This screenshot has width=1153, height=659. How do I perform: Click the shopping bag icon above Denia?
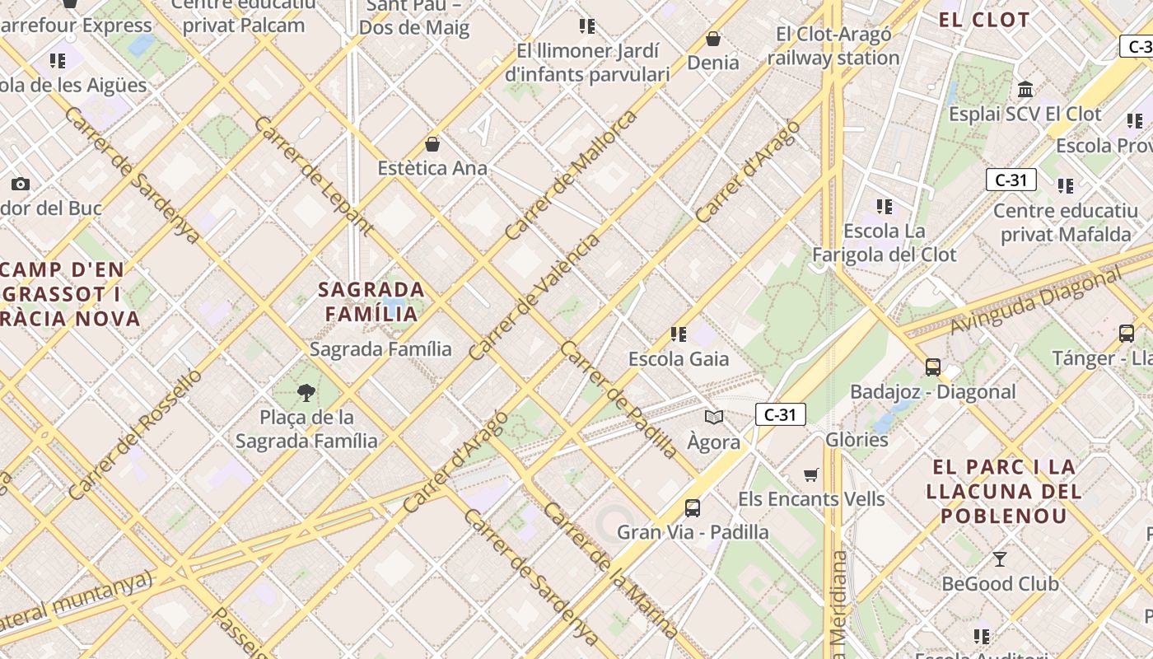(713, 39)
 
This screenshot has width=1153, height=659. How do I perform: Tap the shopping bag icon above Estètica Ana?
(432, 145)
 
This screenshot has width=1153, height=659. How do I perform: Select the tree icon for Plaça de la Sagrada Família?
(306, 392)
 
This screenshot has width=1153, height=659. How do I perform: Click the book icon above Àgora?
(714, 417)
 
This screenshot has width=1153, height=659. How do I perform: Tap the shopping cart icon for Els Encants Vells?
(811, 474)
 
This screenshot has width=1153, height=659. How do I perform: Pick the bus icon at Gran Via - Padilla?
(693, 507)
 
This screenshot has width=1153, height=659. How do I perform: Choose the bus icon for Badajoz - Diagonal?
(933, 367)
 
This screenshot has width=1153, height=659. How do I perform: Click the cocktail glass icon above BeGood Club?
(1000, 559)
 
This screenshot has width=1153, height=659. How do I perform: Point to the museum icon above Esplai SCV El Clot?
(1025, 89)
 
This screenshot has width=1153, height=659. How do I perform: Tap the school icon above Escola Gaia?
(679, 334)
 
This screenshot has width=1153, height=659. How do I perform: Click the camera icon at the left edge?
(21, 184)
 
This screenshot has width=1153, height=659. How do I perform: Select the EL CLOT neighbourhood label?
(984, 20)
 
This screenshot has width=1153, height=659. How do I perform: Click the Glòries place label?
(857, 439)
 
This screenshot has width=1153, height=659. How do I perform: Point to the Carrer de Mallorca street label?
(572, 175)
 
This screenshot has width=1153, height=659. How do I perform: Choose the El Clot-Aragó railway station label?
(833, 46)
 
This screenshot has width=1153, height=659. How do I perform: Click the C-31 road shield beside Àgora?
(780, 414)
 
